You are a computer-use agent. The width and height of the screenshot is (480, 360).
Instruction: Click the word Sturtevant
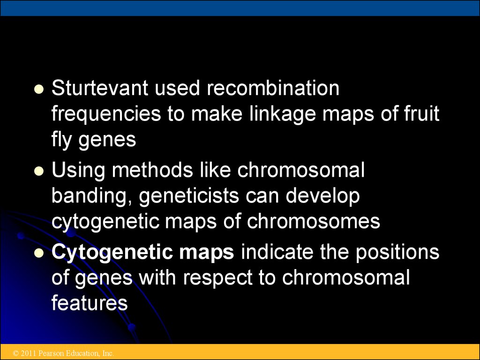pyautogui.click(x=100, y=88)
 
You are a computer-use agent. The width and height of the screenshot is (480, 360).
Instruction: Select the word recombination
pyautogui.click(x=273, y=88)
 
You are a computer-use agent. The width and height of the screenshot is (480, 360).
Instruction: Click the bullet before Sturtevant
pyautogui.click(x=39, y=90)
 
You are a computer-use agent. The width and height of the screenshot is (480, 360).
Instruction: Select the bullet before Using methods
pyautogui.click(x=39, y=171)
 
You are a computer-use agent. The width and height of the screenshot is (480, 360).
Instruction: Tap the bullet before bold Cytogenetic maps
pyautogui.click(x=39, y=253)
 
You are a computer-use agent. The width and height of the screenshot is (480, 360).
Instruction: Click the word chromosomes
pyautogui.click(x=314, y=221)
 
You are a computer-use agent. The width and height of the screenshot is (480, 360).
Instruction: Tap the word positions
pyautogui.click(x=397, y=253)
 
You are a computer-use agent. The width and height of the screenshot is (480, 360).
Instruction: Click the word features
pyautogui.click(x=90, y=303)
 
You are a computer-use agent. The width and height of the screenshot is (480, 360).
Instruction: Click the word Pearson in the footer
pyautogui.click(x=49, y=353)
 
